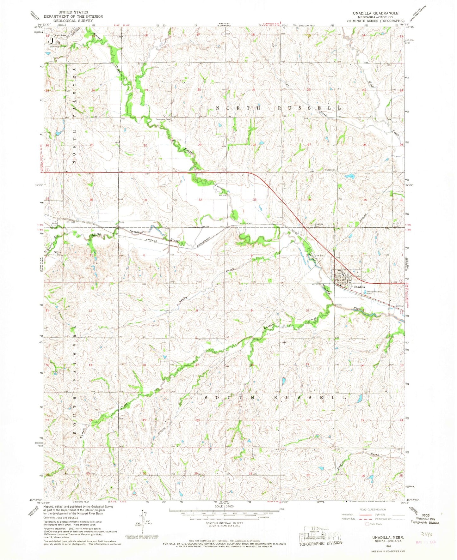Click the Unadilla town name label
pos(360,287)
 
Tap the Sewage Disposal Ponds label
pos(374,292)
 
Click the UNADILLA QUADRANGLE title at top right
pos(376,13)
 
